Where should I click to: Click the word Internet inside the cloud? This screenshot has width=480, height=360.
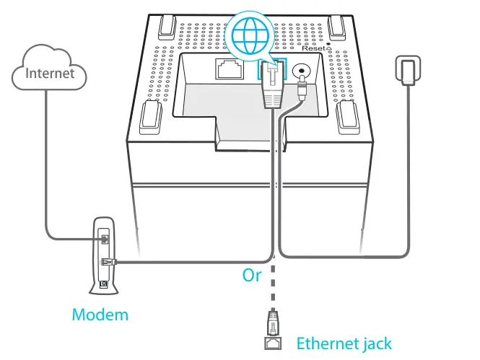click(x=50, y=73)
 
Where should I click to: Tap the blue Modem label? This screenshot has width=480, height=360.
click(x=100, y=315)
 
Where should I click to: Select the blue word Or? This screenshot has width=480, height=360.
click(x=252, y=276)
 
